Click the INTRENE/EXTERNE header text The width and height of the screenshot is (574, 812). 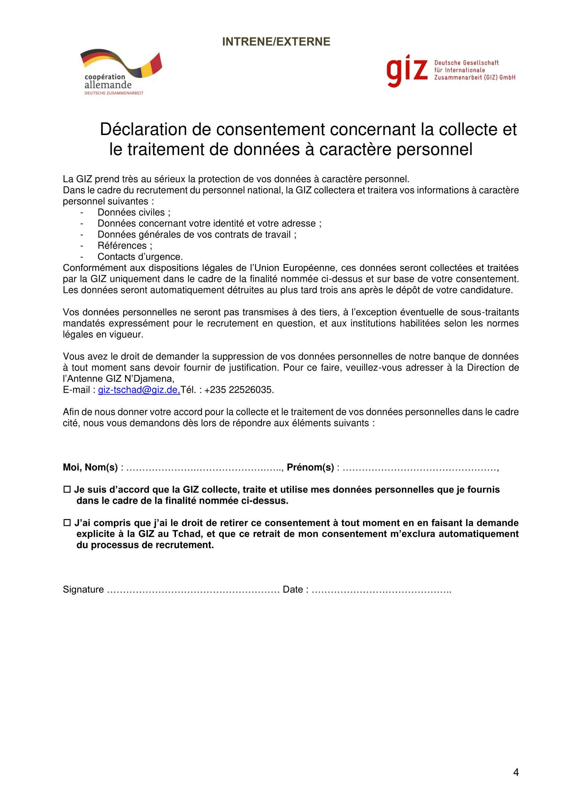tap(276, 42)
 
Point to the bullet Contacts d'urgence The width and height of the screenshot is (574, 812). tap(140, 257)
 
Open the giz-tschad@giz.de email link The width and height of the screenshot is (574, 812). tap(139, 390)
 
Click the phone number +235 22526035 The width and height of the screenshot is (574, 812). tap(239, 390)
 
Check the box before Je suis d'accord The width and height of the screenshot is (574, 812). tap(67, 490)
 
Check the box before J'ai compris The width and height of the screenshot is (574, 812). tap(67, 523)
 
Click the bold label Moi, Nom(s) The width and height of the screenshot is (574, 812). tap(90, 468)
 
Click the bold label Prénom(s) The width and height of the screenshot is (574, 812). tap(310, 468)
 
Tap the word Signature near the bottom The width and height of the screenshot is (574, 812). tap(83, 589)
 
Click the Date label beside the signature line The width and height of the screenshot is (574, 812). tap(293, 589)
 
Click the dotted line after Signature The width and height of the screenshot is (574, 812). tap(193, 590)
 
